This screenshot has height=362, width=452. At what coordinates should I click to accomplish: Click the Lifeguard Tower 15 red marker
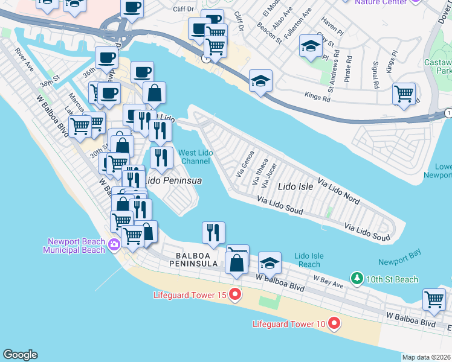click(x=235, y=295)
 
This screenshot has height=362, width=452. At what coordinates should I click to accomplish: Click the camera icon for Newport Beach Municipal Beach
click(x=115, y=244)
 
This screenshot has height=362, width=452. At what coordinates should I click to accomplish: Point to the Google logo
click(x=20, y=355)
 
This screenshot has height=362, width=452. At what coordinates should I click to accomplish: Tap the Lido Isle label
click(x=295, y=186)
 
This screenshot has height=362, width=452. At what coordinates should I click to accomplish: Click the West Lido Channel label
click(x=195, y=157)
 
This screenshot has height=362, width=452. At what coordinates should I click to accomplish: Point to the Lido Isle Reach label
click(x=308, y=260)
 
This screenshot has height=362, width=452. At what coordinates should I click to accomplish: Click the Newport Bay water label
click(x=399, y=261)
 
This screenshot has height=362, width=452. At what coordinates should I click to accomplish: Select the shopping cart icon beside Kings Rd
click(x=404, y=94)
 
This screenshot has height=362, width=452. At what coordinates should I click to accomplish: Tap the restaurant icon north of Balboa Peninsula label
click(x=213, y=232)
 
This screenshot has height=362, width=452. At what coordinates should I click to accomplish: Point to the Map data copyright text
click(x=427, y=357)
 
